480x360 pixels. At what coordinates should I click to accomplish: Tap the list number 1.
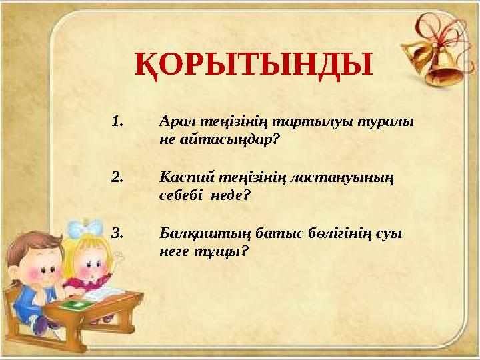pos(118,123)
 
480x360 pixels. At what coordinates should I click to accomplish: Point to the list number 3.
pos(118,233)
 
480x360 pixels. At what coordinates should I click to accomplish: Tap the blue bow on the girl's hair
pos(87,229)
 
